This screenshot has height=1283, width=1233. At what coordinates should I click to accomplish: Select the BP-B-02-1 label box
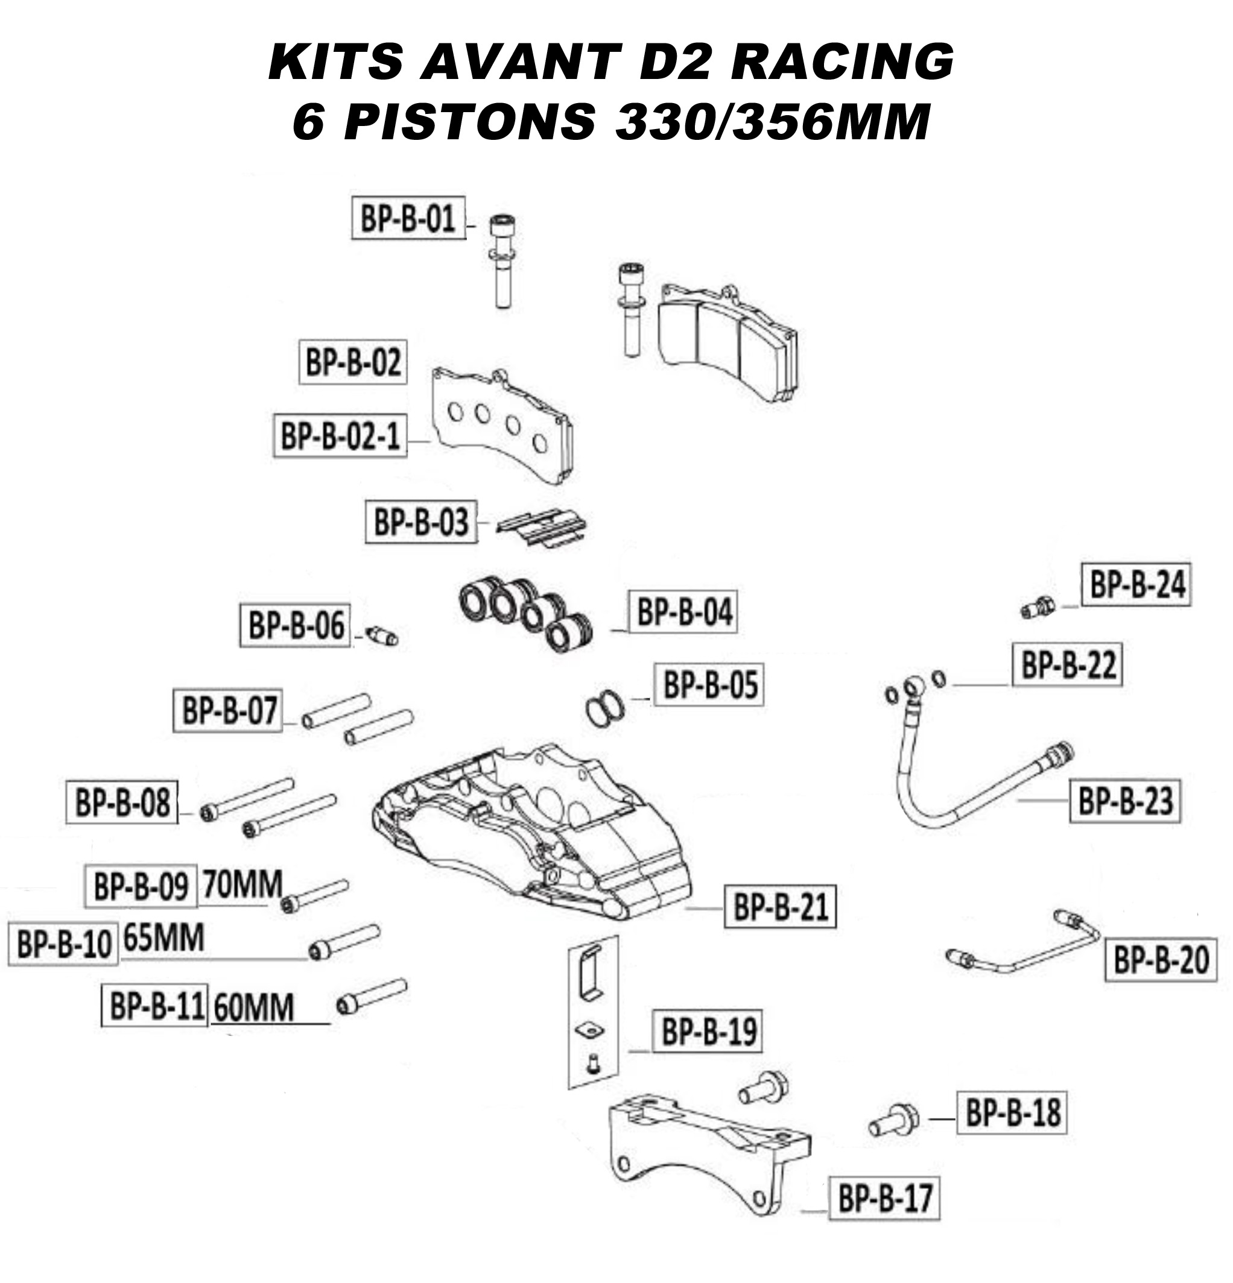(x=339, y=435)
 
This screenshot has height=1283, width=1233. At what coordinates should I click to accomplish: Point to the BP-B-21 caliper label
(x=780, y=907)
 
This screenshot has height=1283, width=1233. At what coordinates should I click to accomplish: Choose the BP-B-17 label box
(x=884, y=1198)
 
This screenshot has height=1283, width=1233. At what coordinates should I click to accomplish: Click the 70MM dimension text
(x=242, y=885)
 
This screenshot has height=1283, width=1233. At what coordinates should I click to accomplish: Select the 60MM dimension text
(x=253, y=1007)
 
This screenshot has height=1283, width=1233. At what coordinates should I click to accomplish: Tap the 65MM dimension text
(x=163, y=938)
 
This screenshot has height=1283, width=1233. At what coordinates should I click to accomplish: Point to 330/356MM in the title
(x=772, y=122)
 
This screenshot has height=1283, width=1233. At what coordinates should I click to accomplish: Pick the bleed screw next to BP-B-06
(x=382, y=635)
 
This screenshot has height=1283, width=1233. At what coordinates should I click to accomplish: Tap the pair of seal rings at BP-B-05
(x=604, y=708)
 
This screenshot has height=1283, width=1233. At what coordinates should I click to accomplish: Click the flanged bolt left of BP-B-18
(x=893, y=1120)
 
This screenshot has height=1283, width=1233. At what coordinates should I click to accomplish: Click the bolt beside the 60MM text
(x=371, y=997)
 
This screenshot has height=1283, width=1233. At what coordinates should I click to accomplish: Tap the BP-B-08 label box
(x=122, y=802)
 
